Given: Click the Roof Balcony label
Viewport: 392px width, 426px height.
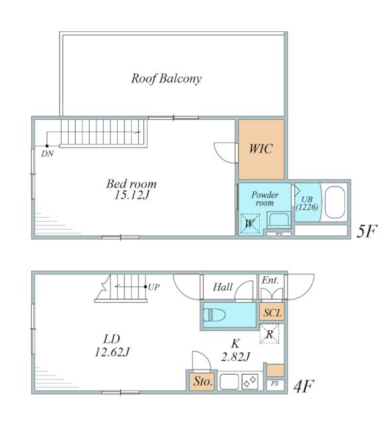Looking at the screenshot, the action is tap(167, 79).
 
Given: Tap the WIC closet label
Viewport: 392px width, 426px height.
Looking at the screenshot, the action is tap(261, 148).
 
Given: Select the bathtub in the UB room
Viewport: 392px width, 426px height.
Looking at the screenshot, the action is tap(335, 202).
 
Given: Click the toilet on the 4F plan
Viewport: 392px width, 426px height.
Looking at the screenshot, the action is tap(215, 315).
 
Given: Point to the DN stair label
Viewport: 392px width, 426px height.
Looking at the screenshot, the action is tap(47, 154).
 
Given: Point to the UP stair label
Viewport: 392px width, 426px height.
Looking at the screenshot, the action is tap(154, 287).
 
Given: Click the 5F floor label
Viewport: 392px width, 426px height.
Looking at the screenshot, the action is tap(367, 231).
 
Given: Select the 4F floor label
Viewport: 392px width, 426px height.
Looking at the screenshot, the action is tap(304, 386).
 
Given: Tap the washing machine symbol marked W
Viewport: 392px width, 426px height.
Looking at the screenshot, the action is tap(250, 224).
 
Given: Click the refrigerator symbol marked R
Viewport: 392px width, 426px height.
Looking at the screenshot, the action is tap(269, 334).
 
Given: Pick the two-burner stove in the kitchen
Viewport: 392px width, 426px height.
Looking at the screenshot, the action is tap(250, 381).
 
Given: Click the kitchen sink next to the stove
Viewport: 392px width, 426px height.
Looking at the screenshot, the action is tap(229, 381).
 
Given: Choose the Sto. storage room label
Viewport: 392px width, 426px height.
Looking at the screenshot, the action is tap(203, 381).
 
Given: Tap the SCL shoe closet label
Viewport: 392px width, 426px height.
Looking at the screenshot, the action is tap(272, 313).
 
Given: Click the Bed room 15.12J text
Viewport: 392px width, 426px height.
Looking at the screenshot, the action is tap(132, 189).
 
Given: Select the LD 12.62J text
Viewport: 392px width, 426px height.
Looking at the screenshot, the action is tap(112, 345).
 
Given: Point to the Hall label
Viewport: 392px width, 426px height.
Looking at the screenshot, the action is tap(223, 287).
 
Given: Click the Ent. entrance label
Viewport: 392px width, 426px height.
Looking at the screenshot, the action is tap(270, 280).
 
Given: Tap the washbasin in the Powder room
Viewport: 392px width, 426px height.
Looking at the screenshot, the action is tap(278, 219).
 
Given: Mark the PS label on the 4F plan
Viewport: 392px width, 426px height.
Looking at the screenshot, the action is tap(275, 383).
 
